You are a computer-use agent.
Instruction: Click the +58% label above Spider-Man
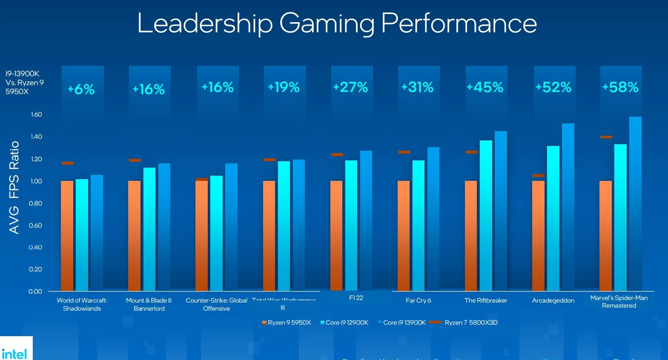pyautogui.click(x=620, y=87)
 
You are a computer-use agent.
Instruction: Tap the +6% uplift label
pyautogui.click(x=81, y=89)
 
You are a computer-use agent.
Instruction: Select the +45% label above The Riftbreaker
pyautogui.click(x=485, y=87)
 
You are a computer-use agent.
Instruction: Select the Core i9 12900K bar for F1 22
pyautogui.click(x=351, y=225)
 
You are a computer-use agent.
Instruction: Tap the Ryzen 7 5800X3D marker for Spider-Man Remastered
pyautogui.click(x=606, y=137)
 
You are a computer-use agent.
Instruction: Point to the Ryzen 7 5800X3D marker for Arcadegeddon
pyautogui.click(x=539, y=175)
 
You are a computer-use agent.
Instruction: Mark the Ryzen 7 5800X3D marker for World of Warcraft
pyautogui.click(x=68, y=163)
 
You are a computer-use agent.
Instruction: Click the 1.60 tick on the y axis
pyautogui.click(x=36, y=114)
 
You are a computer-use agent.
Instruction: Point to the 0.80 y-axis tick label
pyautogui.click(x=35, y=203)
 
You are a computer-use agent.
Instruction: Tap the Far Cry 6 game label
pyautogui.click(x=418, y=300)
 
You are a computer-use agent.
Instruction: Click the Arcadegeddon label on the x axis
pyautogui.click(x=553, y=300)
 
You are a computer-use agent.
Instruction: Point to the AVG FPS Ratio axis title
pyautogui.click(x=14, y=187)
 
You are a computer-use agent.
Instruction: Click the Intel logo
pyautogui.click(x=15, y=353)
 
